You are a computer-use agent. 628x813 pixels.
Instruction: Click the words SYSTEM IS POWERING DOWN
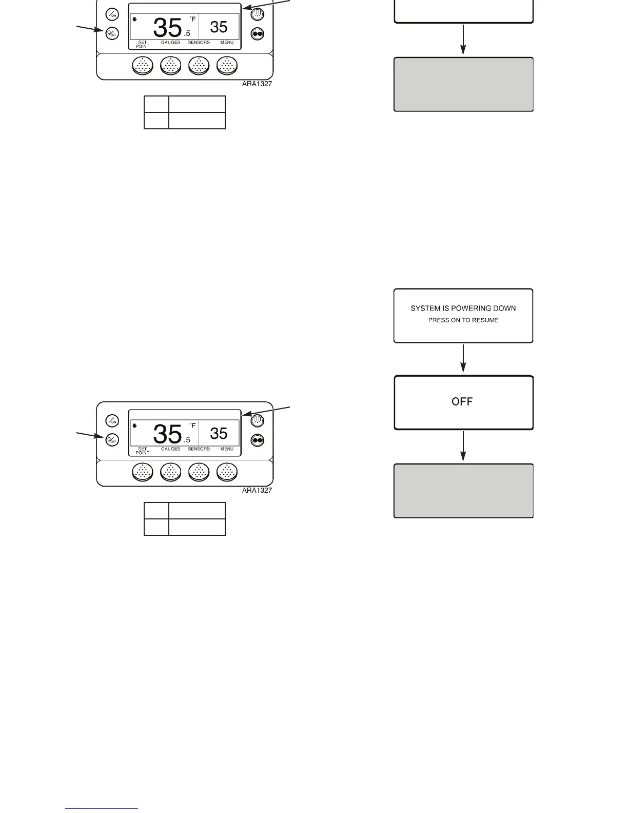tap(463, 308)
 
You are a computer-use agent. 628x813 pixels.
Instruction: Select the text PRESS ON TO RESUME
tap(463, 320)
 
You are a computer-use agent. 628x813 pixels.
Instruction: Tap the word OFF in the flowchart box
tap(462, 401)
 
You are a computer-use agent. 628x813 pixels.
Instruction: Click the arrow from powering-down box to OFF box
tap(463, 358)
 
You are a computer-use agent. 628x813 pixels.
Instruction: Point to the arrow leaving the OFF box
tap(463, 446)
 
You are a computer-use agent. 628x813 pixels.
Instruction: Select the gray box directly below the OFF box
tap(463, 491)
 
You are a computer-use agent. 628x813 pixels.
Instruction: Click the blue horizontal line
tap(102, 809)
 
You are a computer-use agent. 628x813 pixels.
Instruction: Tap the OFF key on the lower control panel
tap(112, 440)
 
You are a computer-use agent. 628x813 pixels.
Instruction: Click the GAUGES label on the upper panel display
tap(170, 43)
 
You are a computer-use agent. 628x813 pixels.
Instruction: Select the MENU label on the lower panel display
tap(227, 449)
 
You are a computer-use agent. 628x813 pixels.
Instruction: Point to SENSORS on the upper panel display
tap(199, 43)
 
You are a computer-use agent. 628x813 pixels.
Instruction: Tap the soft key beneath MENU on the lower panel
tap(227, 472)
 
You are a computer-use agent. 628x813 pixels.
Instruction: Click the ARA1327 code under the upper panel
tap(257, 84)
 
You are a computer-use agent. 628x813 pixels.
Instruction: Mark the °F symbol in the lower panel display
tap(192, 425)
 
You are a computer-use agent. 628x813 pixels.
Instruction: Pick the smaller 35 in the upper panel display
tap(219, 27)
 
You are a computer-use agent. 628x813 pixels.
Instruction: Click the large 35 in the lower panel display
tap(167, 434)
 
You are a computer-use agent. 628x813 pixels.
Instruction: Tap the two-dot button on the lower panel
tap(257, 440)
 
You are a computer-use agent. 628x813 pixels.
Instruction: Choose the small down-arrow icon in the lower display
tap(134, 425)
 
